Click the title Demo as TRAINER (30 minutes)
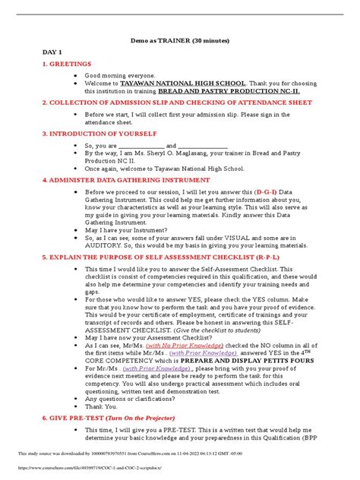179,39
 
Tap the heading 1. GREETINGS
70,63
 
